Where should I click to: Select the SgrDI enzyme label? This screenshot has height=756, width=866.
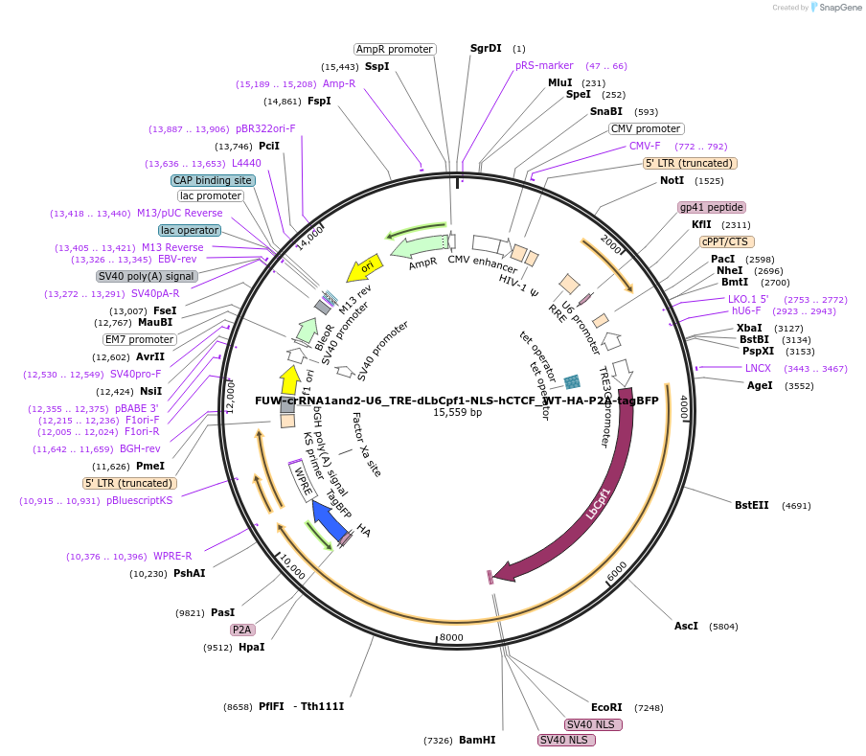click(486, 48)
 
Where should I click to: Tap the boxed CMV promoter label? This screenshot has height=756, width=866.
click(646, 128)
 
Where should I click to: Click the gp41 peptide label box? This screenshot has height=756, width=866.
click(711, 207)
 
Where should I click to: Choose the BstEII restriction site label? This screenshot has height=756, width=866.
click(751, 505)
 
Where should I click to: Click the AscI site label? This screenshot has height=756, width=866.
click(686, 626)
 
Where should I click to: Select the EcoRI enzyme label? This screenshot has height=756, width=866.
click(606, 707)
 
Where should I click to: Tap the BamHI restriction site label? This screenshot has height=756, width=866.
click(477, 740)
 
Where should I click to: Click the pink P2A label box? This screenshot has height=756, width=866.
click(242, 630)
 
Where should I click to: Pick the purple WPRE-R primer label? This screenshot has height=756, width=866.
click(172, 556)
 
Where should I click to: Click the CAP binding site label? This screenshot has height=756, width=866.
click(213, 180)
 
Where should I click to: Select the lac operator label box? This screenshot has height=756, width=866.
click(190, 230)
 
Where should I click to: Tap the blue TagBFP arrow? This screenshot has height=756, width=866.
click(330, 519)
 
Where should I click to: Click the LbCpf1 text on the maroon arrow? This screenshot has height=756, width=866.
click(598, 503)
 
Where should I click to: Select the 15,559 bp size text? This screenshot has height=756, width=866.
click(457, 413)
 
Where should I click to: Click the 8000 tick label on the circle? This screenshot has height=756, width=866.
click(450, 637)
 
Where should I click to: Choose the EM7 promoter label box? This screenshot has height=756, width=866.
click(140, 339)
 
